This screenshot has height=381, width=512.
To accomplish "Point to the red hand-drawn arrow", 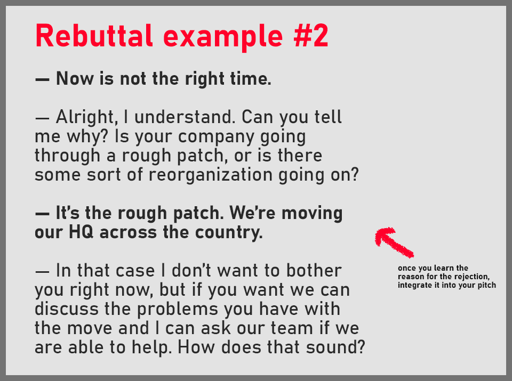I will pyautogui.click(x=394, y=242).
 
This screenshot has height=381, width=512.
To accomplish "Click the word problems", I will pyautogui.click(x=174, y=309).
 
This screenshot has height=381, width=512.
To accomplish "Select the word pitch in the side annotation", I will pyautogui.click(x=486, y=285).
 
